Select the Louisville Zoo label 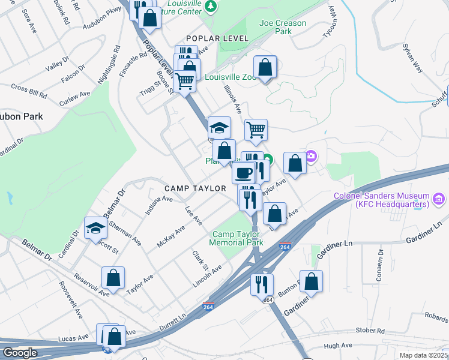(231, 77)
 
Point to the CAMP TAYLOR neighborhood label (195, 188)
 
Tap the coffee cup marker (243, 173)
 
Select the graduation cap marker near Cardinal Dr (95, 228)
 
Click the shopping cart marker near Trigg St (185, 80)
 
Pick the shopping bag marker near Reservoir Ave (113, 278)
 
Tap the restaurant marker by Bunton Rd (262, 284)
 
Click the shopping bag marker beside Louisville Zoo (265, 67)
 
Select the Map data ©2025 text (424, 355)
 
